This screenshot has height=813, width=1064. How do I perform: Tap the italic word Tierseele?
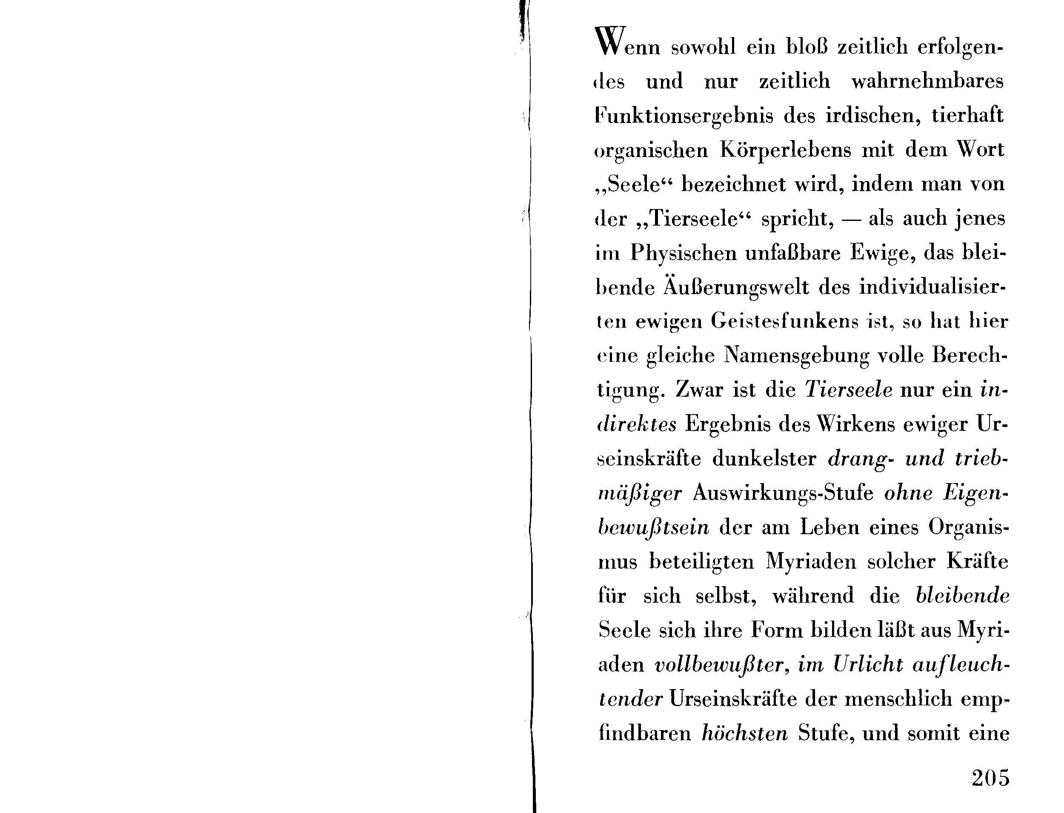pos(849,390)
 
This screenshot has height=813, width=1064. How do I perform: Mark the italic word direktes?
pos(637,424)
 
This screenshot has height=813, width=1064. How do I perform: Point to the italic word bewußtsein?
pos(654,527)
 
